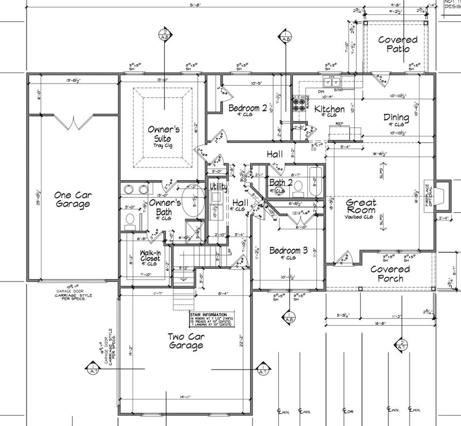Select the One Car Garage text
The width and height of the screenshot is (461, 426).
click(x=72, y=199)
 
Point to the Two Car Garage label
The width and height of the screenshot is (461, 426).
click(x=185, y=341)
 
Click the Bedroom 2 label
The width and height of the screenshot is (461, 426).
click(x=247, y=108)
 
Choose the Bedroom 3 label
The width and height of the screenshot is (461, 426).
click(x=288, y=251)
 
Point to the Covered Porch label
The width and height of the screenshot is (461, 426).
click(x=390, y=273)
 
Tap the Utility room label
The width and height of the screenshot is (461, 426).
click(x=219, y=187)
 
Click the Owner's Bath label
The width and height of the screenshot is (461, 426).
click(x=165, y=207)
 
